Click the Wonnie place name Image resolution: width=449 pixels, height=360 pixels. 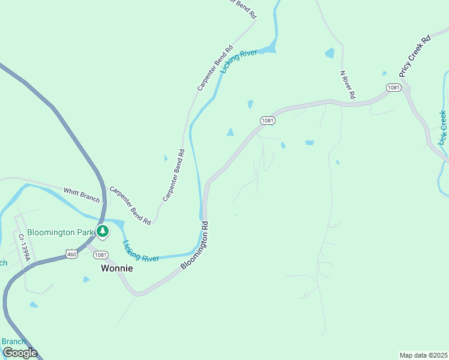pyautogui.click(x=116, y=268)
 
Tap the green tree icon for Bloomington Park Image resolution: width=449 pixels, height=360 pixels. pyautogui.click(x=103, y=231)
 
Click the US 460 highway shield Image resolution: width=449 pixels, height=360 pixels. pyautogui.click(x=71, y=254)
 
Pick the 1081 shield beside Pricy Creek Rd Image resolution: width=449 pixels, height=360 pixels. pyautogui.click(x=393, y=88)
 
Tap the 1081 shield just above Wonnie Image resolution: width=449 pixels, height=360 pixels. pyautogui.click(x=101, y=254)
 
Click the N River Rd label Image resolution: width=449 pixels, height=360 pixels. pyautogui.click(x=348, y=85)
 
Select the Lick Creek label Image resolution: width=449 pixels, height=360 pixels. pyautogui.click(x=443, y=127)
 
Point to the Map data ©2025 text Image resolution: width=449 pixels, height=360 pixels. pyautogui.click(x=423, y=355)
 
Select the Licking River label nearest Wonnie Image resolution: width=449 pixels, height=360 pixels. pyautogui.click(x=140, y=251)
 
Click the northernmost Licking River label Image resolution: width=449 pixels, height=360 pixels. pyautogui.click(x=238, y=61)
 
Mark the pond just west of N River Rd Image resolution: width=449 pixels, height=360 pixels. pyautogui.click(x=330, y=53)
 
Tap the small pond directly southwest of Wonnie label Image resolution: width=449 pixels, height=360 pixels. pyautogui.click(x=86, y=279)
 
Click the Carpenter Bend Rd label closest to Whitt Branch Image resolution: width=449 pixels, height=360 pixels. pyautogui.click(x=130, y=206)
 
